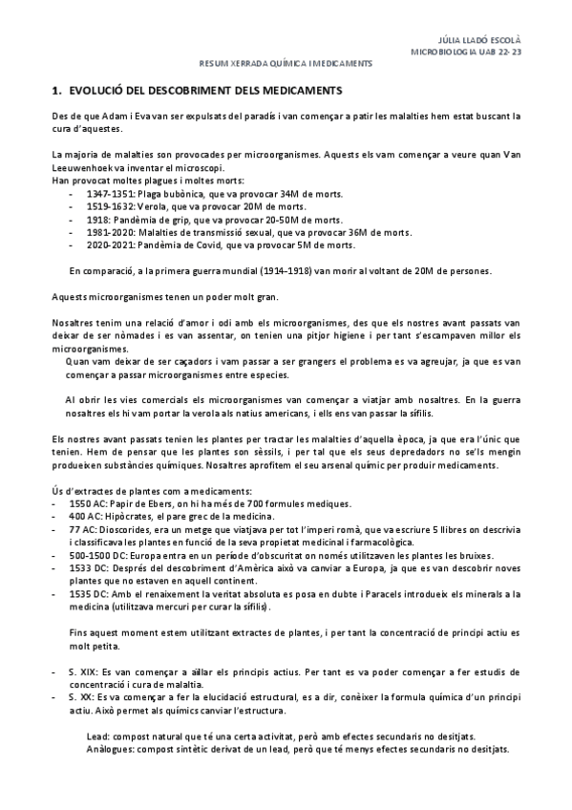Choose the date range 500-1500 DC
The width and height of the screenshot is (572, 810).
[x=98, y=554]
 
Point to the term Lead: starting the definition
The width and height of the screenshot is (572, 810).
[x=97, y=736]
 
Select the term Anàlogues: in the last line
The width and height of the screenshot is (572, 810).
[x=109, y=750]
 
